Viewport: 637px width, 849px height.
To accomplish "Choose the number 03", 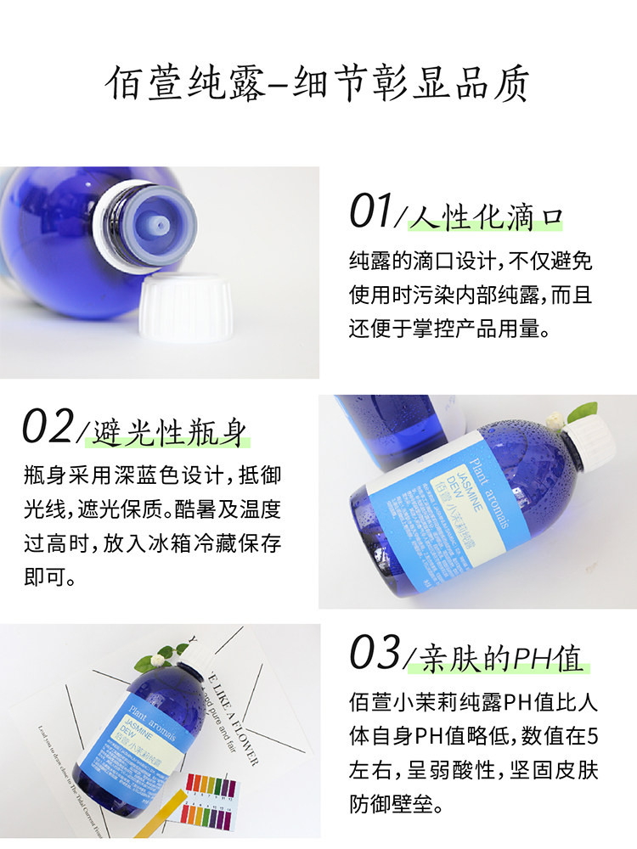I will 375,653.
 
